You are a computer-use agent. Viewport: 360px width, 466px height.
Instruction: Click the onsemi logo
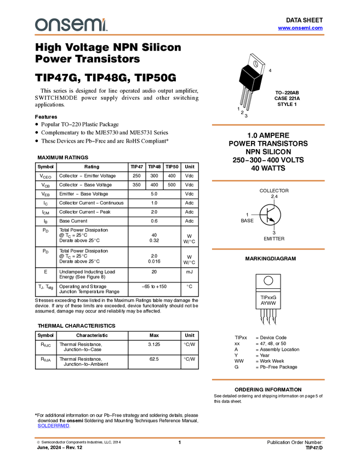pyautogui.click(x=71, y=25)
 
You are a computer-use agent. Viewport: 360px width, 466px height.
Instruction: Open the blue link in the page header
pyautogui.click(x=300, y=28)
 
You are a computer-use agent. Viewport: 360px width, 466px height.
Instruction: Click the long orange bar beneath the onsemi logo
pyautogui.click(x=180, y=35)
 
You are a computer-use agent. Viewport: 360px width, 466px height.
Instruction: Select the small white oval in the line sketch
pyautogui.click(x=255, y=64)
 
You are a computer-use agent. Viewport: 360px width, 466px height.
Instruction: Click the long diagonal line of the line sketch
pyautogui.click(x=247, y=73)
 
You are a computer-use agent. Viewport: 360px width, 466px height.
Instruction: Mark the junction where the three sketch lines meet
pyautogui.click(x=254, y=79)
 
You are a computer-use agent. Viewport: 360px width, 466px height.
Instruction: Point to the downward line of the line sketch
pyautogui.click(x=253, y=86)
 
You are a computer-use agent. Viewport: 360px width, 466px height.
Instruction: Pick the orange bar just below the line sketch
pyautogui.click(x=268, y=125)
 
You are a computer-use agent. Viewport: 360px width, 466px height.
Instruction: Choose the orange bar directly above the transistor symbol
pyautogui.click(x=268, y=180)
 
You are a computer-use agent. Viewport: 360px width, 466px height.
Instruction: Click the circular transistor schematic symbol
pyautogui.click(x=270, y=215)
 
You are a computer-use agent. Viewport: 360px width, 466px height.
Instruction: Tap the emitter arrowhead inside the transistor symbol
pyautogui.click(x=272, y=220)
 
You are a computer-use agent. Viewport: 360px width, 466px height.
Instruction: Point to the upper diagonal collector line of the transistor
pyautogui.click(x=271, y=210)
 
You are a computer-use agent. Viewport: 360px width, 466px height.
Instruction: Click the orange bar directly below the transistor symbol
pyautogui.click(x=268, y=249)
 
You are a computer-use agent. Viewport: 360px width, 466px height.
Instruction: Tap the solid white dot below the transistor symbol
pyautogui.click(x=268, y=281)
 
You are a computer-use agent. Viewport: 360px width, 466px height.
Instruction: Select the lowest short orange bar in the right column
pyautogui.click(x=268, y=380)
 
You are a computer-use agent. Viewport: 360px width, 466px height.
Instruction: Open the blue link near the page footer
pyautogui.click(x=53, y=426)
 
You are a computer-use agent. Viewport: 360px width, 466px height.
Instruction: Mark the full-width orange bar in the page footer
pyautogui.click(x=180, y=437)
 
